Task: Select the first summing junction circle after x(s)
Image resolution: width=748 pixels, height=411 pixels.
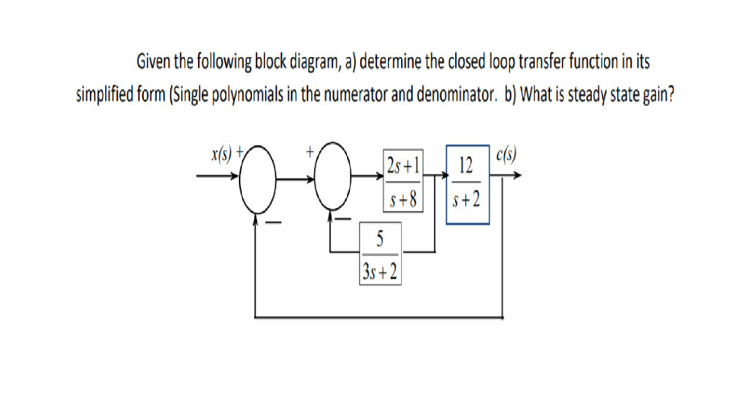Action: [x=256, y=177]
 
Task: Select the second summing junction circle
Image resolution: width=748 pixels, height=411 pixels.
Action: [x=335, y=177]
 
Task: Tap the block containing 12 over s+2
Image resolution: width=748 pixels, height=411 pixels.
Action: [x=467, y=183]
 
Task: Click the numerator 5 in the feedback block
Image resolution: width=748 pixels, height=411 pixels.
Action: [x=380, y=237]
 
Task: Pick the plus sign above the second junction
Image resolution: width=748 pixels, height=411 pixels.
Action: [x=310, y=152]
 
